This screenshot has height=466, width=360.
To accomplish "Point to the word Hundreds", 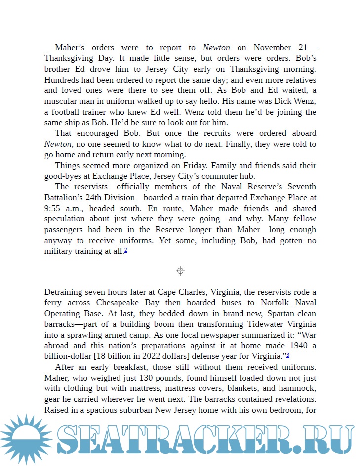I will (x=62, y=80).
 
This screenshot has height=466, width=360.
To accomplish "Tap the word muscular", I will (x=62, y=101).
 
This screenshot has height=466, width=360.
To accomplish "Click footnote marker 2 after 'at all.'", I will (x=126, y=251).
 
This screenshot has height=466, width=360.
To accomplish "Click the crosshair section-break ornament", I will (x=180, y=271).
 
